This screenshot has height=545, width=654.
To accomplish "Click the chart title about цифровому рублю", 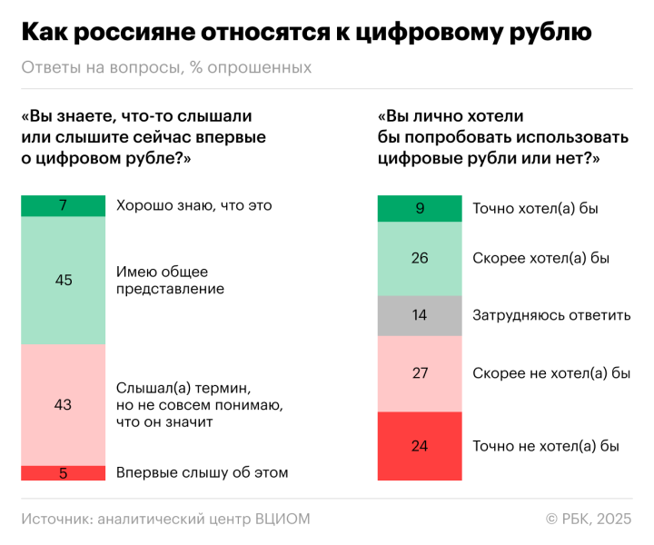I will click(x=306, y=33).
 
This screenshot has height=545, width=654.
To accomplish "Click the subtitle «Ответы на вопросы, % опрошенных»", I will click(x=166, y=68).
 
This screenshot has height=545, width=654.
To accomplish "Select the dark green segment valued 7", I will click(x=63, y=206).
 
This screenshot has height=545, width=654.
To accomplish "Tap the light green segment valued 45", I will click(x=63, y=281).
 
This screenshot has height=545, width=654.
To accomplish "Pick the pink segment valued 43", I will click(x=63, y=405).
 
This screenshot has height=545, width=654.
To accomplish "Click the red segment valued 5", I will click(x=63, y=472).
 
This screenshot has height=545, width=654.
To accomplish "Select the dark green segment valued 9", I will click(x=420, y=209).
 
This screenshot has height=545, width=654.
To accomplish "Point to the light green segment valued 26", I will click(x=420, y=259).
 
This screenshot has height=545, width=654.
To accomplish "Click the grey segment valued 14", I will click(x=420, y=316).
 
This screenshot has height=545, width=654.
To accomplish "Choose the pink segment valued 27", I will click(x=420, y=373).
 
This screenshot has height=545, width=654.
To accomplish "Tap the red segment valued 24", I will click(x=420, y=446).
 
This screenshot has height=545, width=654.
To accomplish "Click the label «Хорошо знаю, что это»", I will click(x=194, y=206).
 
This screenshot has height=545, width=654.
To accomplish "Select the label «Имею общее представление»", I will click(x=170, y=281).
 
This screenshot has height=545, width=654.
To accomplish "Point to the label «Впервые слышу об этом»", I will click(x=202, y=472).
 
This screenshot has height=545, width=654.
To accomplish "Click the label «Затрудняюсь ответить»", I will click(x=551, y=316).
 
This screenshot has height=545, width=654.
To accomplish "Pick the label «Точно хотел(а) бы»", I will click(x=535, y=209).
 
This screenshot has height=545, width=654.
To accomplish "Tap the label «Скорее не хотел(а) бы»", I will click(x=551, y=373).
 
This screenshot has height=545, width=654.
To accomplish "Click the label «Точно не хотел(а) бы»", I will click(x=546, y=446).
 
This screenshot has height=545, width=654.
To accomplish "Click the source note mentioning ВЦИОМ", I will click(x=166, y=519).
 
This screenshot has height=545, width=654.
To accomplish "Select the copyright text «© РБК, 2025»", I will click(x=588, y=519).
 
